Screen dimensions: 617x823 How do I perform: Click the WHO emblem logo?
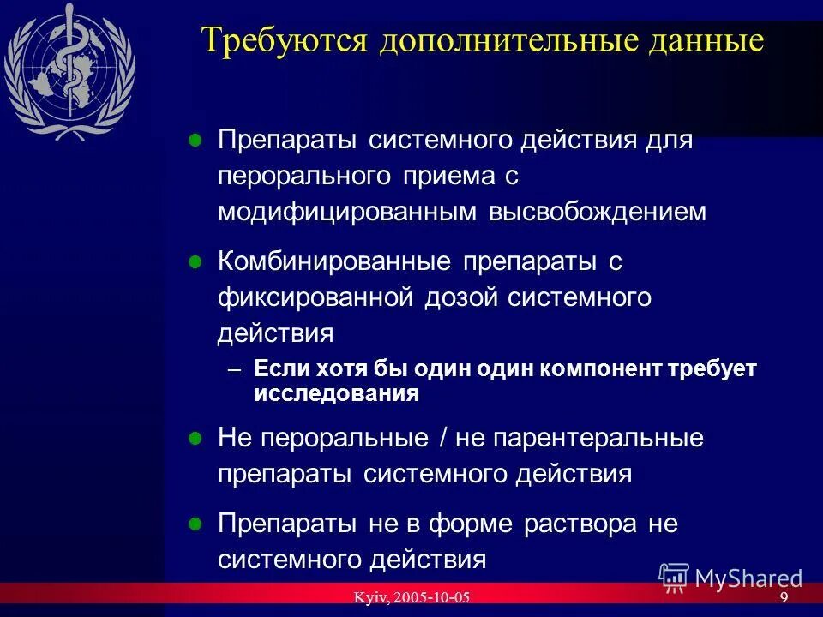point(69,73)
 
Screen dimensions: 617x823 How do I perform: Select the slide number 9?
point(784,597)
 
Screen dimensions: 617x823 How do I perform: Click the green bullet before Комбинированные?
point(195,262)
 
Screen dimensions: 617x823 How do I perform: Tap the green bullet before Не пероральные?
point(195,438)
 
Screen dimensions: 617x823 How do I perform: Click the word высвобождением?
point(598,213)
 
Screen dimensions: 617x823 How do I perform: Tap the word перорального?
point(304,177)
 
